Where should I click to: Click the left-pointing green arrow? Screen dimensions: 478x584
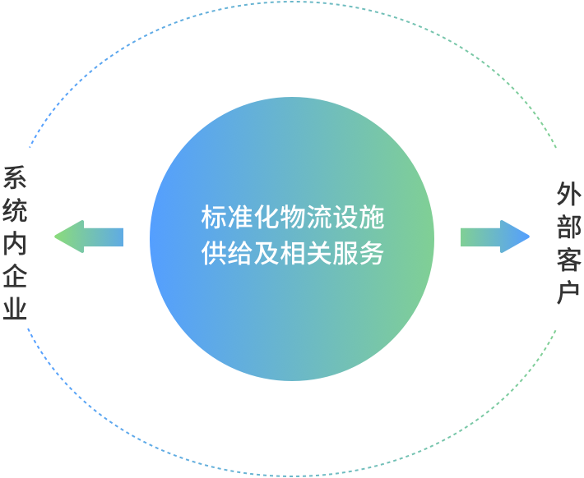(x=88, y=237)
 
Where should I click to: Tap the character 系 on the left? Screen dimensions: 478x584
(x=15, y=179)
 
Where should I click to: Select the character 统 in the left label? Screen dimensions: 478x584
(x=15, y=212)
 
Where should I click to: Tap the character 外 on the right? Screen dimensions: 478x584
(x=568, y=195)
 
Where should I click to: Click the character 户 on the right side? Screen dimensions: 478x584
(x=568, y=292)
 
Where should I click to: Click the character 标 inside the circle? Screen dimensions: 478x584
(x=212, y=218)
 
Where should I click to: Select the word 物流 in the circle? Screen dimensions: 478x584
(x=292, y=218)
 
